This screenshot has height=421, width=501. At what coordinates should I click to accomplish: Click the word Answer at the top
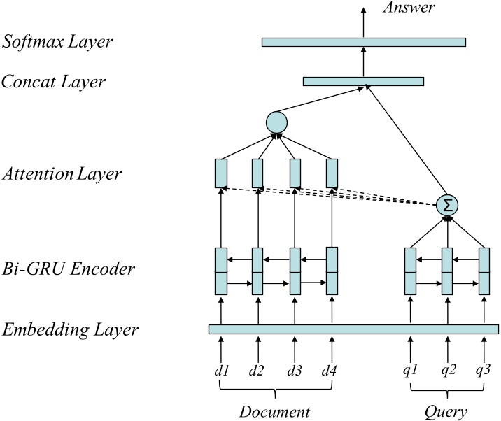pyautogui.click(x=409, y=8)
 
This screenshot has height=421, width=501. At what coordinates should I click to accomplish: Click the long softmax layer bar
pyautogui.click(x=363, y=42)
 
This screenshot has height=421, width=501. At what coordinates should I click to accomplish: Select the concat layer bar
pyautogui.click(x=363, y=82)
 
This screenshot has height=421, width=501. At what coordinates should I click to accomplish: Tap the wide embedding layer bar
pyautogui.click(x=353, y=329)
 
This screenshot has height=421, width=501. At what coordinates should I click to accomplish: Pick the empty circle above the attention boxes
pyautogui.click(x=277, y=122)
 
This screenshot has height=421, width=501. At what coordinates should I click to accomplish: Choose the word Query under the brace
pyautogui.click(x=446, y=410)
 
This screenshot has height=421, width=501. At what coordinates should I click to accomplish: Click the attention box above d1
pyautogui.click(x=221, y=173)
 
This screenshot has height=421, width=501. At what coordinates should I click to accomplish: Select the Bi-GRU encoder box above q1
pyautogui.click(x=411, y=271)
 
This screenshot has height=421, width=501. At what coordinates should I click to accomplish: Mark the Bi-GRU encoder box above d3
pyautogui.click(x=295, y=271)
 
